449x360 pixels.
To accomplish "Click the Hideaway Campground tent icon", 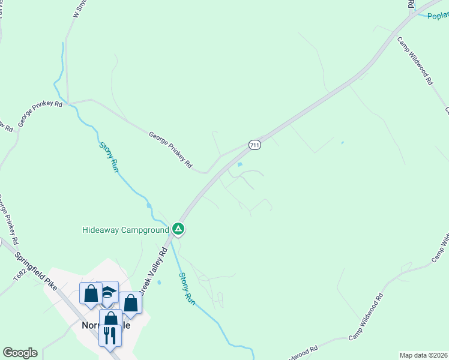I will click(178, 229).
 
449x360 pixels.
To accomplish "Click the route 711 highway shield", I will click(254, 145).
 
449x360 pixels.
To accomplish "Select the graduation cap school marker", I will click(108, 292).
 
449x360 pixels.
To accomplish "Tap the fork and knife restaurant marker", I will click(110, 334).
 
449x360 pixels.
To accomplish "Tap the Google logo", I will click(20, 353).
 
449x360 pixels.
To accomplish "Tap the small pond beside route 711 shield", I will click(240, 164).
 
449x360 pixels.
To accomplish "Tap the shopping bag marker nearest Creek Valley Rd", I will click(130, 304).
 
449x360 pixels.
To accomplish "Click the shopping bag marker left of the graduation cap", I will click(91, 294).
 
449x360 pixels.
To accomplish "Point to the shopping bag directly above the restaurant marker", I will click(110, 319).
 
